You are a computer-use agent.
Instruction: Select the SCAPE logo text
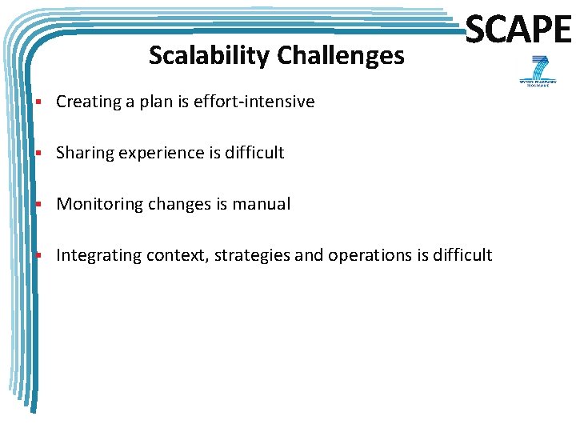point(518,30)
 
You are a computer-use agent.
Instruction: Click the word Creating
point(88,102)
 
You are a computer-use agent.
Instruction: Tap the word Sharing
point(85,153)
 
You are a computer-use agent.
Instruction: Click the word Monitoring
point(94,204)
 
